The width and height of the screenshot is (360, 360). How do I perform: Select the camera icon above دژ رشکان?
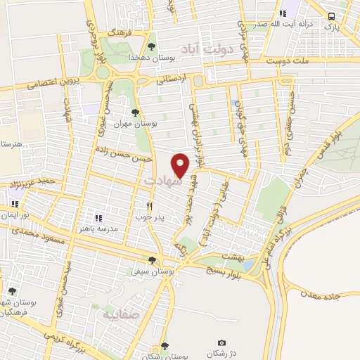tap(222, 342)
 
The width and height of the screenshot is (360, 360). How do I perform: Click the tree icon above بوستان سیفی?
tap(152, 259)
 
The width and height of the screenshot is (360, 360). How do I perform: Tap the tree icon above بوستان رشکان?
tap(165, 345)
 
